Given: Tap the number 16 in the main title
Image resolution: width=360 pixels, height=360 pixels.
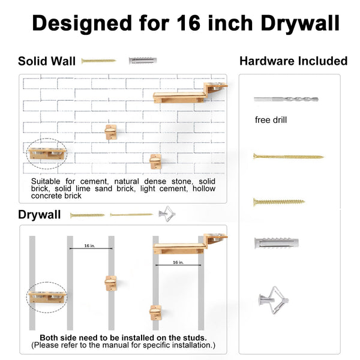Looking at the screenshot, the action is point(189,23).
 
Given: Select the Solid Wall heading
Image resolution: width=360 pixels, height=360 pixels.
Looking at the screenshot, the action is point(47,61).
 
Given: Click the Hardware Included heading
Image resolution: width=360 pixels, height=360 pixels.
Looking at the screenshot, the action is point(293,61).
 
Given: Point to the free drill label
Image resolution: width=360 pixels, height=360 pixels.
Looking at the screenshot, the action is point(271,120).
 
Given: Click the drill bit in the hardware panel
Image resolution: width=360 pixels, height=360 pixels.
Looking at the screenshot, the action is point(286,99).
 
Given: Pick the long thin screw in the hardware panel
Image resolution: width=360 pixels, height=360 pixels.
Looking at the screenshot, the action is point(289,157).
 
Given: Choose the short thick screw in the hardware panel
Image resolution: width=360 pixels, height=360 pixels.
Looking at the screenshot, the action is point(279,202).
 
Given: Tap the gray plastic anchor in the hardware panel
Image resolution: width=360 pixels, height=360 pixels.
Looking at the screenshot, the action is point(277,243).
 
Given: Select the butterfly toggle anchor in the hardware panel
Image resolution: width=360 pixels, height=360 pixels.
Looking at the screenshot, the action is point(274,300).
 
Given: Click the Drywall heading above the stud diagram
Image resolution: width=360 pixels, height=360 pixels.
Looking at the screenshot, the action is point(39,215).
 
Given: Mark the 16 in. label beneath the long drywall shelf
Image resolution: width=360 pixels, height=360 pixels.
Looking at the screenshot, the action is point(178,262).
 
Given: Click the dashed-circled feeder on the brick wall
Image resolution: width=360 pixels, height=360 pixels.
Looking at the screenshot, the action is point(47,154).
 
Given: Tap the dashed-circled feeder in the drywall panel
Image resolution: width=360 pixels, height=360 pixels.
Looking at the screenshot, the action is point(47,297).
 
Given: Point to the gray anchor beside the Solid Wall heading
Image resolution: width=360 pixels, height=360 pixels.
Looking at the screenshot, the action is point(143,61).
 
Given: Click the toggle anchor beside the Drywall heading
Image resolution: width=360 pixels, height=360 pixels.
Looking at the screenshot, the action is point(167,214).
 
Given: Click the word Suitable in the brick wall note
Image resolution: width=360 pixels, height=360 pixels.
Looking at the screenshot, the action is point(46,181).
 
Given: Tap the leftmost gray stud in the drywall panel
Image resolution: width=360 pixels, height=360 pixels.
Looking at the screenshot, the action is point(32,283).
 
